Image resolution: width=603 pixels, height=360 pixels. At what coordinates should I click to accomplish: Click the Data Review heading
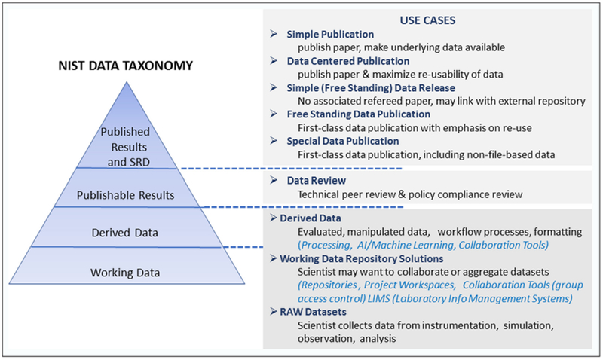pos(318,182)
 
